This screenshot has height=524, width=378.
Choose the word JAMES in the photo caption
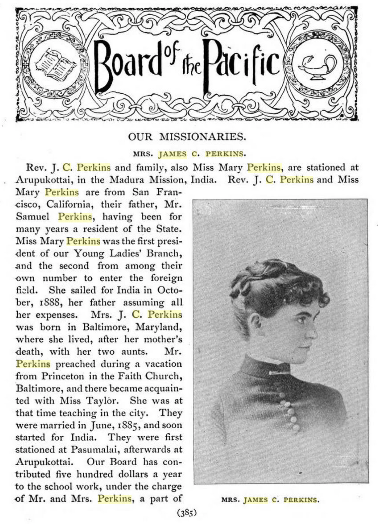coord(256,500)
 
